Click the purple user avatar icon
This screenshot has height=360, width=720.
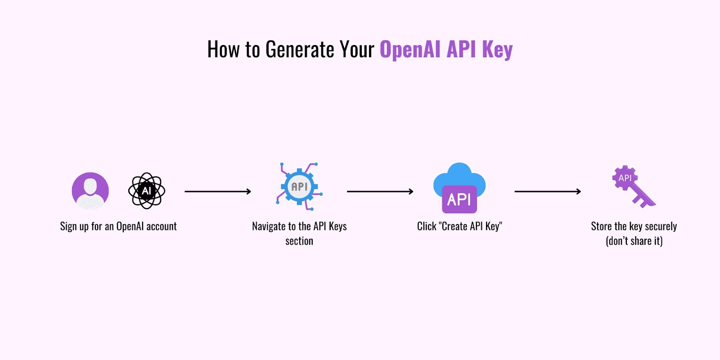click(90, 191)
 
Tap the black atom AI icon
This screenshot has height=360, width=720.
click(147, 191)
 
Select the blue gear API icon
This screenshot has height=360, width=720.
click(300, 187)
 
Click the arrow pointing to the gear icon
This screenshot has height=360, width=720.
click(218, 192)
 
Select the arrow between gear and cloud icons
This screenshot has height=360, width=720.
click(380, 192)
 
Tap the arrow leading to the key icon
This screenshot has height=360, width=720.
click(548, 192)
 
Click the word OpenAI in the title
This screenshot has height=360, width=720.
click(410, 49)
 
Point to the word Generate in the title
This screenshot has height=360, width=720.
click(300, 49)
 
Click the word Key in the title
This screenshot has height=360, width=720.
click(497, 49)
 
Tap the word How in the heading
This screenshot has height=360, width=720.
click(223, 49)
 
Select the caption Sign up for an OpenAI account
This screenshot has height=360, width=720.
click(118, 226)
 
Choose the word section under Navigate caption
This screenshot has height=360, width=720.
click(299, 241)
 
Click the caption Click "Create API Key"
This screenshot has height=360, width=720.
click(459, 226)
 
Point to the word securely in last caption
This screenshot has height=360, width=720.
click(661, 226)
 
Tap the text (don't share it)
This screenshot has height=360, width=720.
click(634, 241)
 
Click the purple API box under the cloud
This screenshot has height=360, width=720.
click(459, 199)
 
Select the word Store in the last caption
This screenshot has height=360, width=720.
click(601, 226)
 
